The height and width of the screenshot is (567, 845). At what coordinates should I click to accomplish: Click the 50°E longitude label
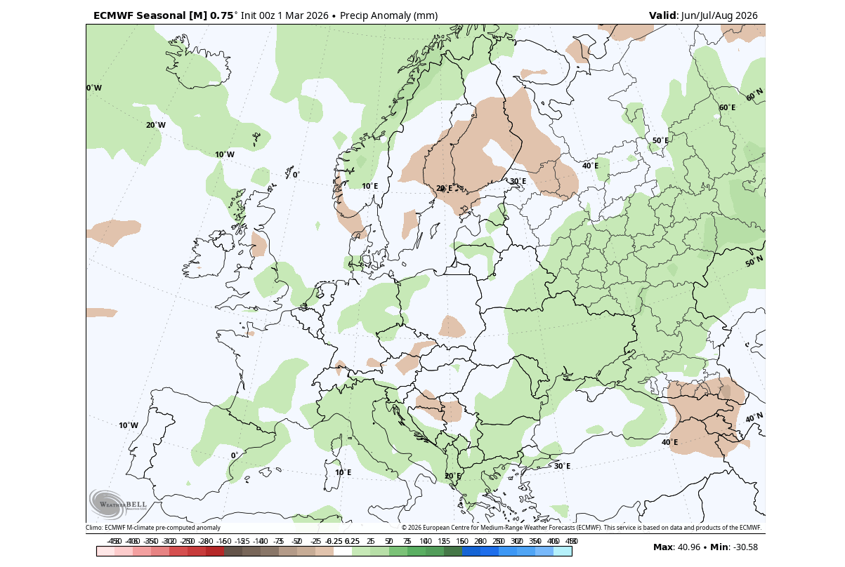pos(660,140)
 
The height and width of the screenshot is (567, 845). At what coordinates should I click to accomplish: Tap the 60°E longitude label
pos(727,107)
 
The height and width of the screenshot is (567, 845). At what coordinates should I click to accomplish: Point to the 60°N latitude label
pos(754,96)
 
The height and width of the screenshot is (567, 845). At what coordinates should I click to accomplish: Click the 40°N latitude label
pos(754,418)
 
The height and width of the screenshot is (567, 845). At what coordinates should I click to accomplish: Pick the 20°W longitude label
pos(155,125)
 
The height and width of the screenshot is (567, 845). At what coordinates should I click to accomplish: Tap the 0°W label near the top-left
pos(94,88)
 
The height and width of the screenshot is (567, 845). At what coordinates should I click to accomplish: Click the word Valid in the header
pos(662,15)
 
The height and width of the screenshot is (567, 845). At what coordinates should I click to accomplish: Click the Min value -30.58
pos(744,547)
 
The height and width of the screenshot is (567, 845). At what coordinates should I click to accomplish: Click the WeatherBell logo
pos(117,504)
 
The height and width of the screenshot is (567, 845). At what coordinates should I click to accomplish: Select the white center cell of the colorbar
pos(343,552)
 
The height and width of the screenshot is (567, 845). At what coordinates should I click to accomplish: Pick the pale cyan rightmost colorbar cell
pos(563,552)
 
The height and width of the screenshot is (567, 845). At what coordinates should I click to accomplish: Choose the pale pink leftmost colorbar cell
pos(105,552)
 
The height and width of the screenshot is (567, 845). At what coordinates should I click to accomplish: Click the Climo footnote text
pos(153,528)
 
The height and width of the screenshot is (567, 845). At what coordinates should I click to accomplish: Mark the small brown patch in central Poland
pos(451,327)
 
